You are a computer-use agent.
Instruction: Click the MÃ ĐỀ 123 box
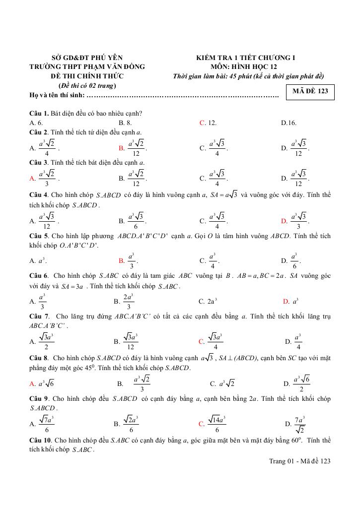click(x=310, y=91)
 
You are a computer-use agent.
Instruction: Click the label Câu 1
click(x=39, y=114)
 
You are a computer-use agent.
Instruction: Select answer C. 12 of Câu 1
click(x=208, y=123)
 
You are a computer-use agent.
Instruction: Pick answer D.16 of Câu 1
click(x=288, y=123)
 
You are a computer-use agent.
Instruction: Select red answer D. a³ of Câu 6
click(x=290, y=301)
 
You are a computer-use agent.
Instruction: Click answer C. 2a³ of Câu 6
click(x=209, y=301)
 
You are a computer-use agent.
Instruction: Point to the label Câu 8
click(x=39, y=357)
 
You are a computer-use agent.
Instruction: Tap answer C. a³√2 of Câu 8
click(x=222, y=383)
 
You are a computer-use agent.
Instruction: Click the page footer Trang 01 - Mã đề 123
click(x=299, y=461)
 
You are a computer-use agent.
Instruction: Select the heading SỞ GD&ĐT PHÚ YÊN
click(x=87, y=58)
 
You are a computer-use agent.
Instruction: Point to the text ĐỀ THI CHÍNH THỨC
click(x=87, y=76)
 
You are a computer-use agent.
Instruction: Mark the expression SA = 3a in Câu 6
click(x=72, y=286)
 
